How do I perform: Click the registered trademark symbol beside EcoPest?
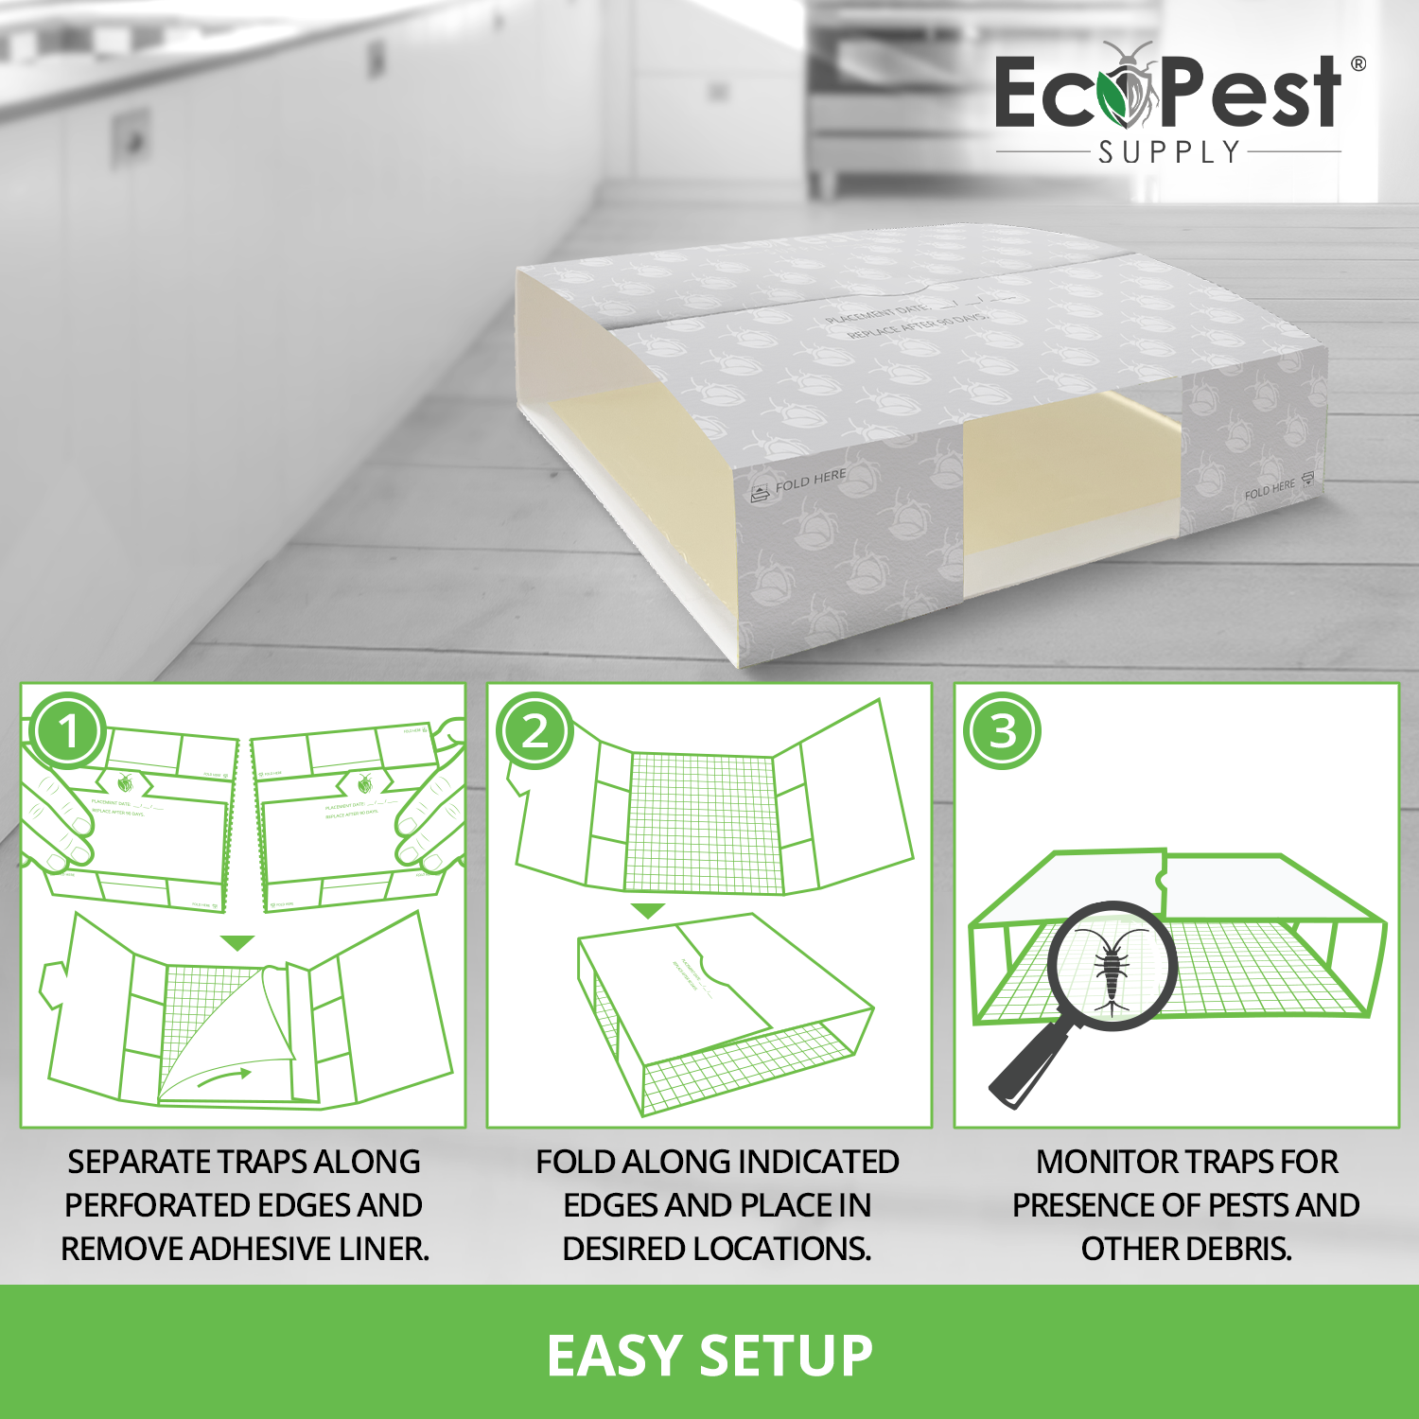pos(1358,64)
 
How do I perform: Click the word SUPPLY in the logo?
pos(1169,152)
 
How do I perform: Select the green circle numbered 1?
pos(68,731)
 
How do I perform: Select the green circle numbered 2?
pos(535,731)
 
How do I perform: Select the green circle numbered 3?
pos(1002,731)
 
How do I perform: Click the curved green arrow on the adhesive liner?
pos(224,1077)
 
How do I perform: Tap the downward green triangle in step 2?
pos(648,911)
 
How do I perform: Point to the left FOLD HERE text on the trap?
pos(810,481)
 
